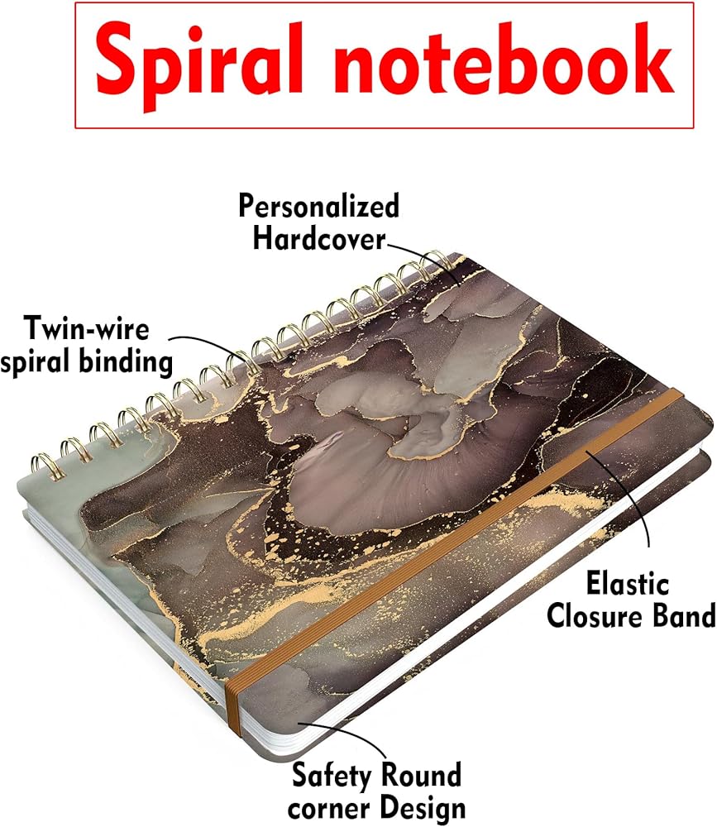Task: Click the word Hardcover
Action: click(x=319, y=239)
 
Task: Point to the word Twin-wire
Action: click(x=87, y=329)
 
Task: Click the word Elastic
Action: click(x=627, y=584)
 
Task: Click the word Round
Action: click(x=419, y=776)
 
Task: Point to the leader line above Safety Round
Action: click(x=364, y=739)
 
